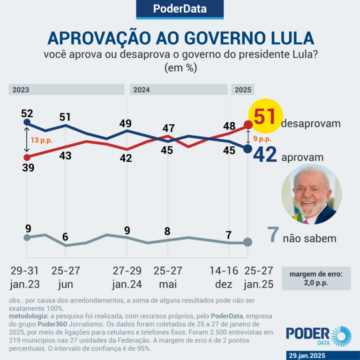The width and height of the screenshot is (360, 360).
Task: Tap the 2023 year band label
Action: click(x=22, y=90)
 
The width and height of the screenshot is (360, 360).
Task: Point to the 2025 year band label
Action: click(x=243, y=90)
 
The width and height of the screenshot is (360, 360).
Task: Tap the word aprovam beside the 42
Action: click(x=302, y=157)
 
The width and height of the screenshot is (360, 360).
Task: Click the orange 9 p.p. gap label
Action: click(x=262, y=139)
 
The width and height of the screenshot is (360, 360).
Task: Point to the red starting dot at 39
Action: click(x=27, y=157)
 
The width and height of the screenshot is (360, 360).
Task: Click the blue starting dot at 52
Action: click(x=27, y=123)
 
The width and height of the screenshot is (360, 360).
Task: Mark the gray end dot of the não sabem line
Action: click(x=247, y=242)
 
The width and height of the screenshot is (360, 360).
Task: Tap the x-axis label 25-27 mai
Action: click(x=168, y=277)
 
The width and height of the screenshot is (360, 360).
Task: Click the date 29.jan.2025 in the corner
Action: click(x=320, y=355)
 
